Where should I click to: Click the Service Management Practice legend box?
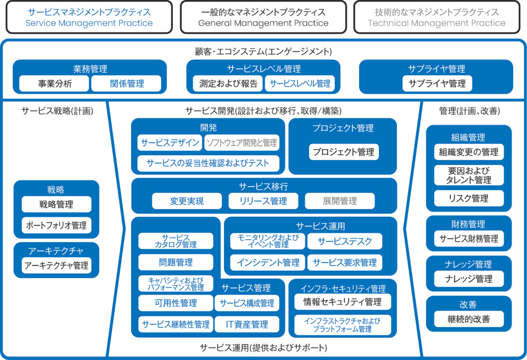coord(90,18)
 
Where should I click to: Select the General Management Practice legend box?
coord(263,18)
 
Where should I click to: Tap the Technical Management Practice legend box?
coord(437,18)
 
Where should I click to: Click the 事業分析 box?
coord(55,83)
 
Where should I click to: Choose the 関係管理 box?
coord(127,83)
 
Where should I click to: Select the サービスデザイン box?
coord(169,143)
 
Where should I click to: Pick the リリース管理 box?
coord(264,201)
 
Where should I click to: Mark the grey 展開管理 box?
coord(340,201)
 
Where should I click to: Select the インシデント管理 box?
coord(268,263)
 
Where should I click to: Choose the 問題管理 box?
coord(175,263)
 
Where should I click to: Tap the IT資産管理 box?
coord(248,324)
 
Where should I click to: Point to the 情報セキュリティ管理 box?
coord(343,302)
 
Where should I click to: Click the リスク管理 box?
coord(469,199)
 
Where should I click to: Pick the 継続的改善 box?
coord(469,319)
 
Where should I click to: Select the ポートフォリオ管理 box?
coord(57,225)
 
